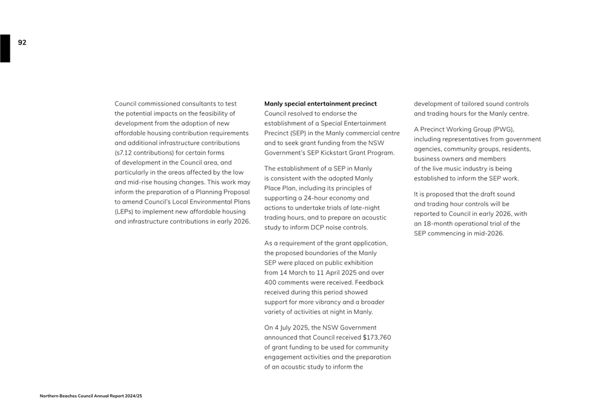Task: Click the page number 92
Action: [23, 43]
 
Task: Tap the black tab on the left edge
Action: [5, 48]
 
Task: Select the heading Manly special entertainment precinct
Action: [320, 104]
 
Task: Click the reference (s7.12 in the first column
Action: [125, 153]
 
